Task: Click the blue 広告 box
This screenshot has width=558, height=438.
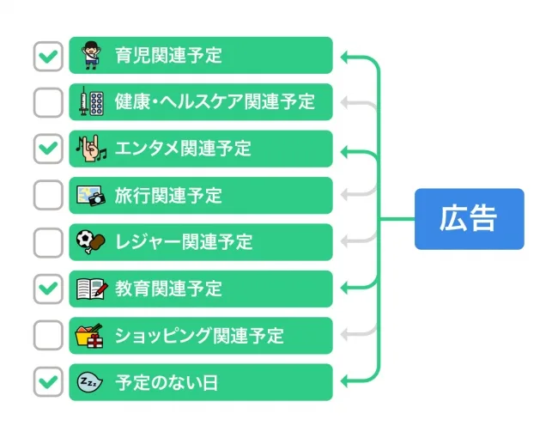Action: pyautogui.click(x=469, y=219)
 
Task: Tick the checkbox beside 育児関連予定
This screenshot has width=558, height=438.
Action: pyautogui.click(x=48, y=56)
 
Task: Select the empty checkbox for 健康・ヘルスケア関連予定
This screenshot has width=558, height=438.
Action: pyautogui.click(x=48, y=102)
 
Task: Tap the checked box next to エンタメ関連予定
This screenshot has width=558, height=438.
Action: pyautogui.click(x=48, y=149)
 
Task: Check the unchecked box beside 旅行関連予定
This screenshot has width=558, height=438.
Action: pyautogui.click(x=48, y=195)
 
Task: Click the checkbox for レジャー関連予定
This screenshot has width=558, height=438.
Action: pyautogui.click(x=48, y=242)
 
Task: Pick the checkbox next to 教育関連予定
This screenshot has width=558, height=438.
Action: pyautogui.click(x=48, y=289)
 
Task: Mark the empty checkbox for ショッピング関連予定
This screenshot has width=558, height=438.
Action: pyautogui.click(x=48, y=335)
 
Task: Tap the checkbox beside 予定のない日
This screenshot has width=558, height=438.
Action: pyautogui.click(x=48, y=381)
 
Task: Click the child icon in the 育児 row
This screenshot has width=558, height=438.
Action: pyautogui.click(x=90, y=56)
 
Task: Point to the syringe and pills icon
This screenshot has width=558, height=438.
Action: pyautogui.click(x=90, y=102)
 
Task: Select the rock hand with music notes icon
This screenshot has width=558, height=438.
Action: pyautogui.click(x=90, y=149)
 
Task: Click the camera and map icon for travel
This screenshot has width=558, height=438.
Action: pyautogui.click(x=90, y=195)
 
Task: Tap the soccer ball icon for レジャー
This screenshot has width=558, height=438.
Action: pyautogui.click(x=90, y=242)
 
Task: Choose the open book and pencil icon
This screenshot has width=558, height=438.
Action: pyautogui.click(x=90, y=289)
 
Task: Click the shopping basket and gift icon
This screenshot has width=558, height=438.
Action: pyautogui.click(x=90, y=335)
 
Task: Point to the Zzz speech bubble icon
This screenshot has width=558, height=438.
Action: pyautogui.click(x=90, y=381)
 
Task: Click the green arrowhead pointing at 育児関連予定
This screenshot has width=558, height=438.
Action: pyautogui.click(x=345, y=58)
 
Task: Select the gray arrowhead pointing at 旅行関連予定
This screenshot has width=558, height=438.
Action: pyautogui.click(x=345, y=195)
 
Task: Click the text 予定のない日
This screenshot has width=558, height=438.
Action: pyautogui.click(x=167, y=382)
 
